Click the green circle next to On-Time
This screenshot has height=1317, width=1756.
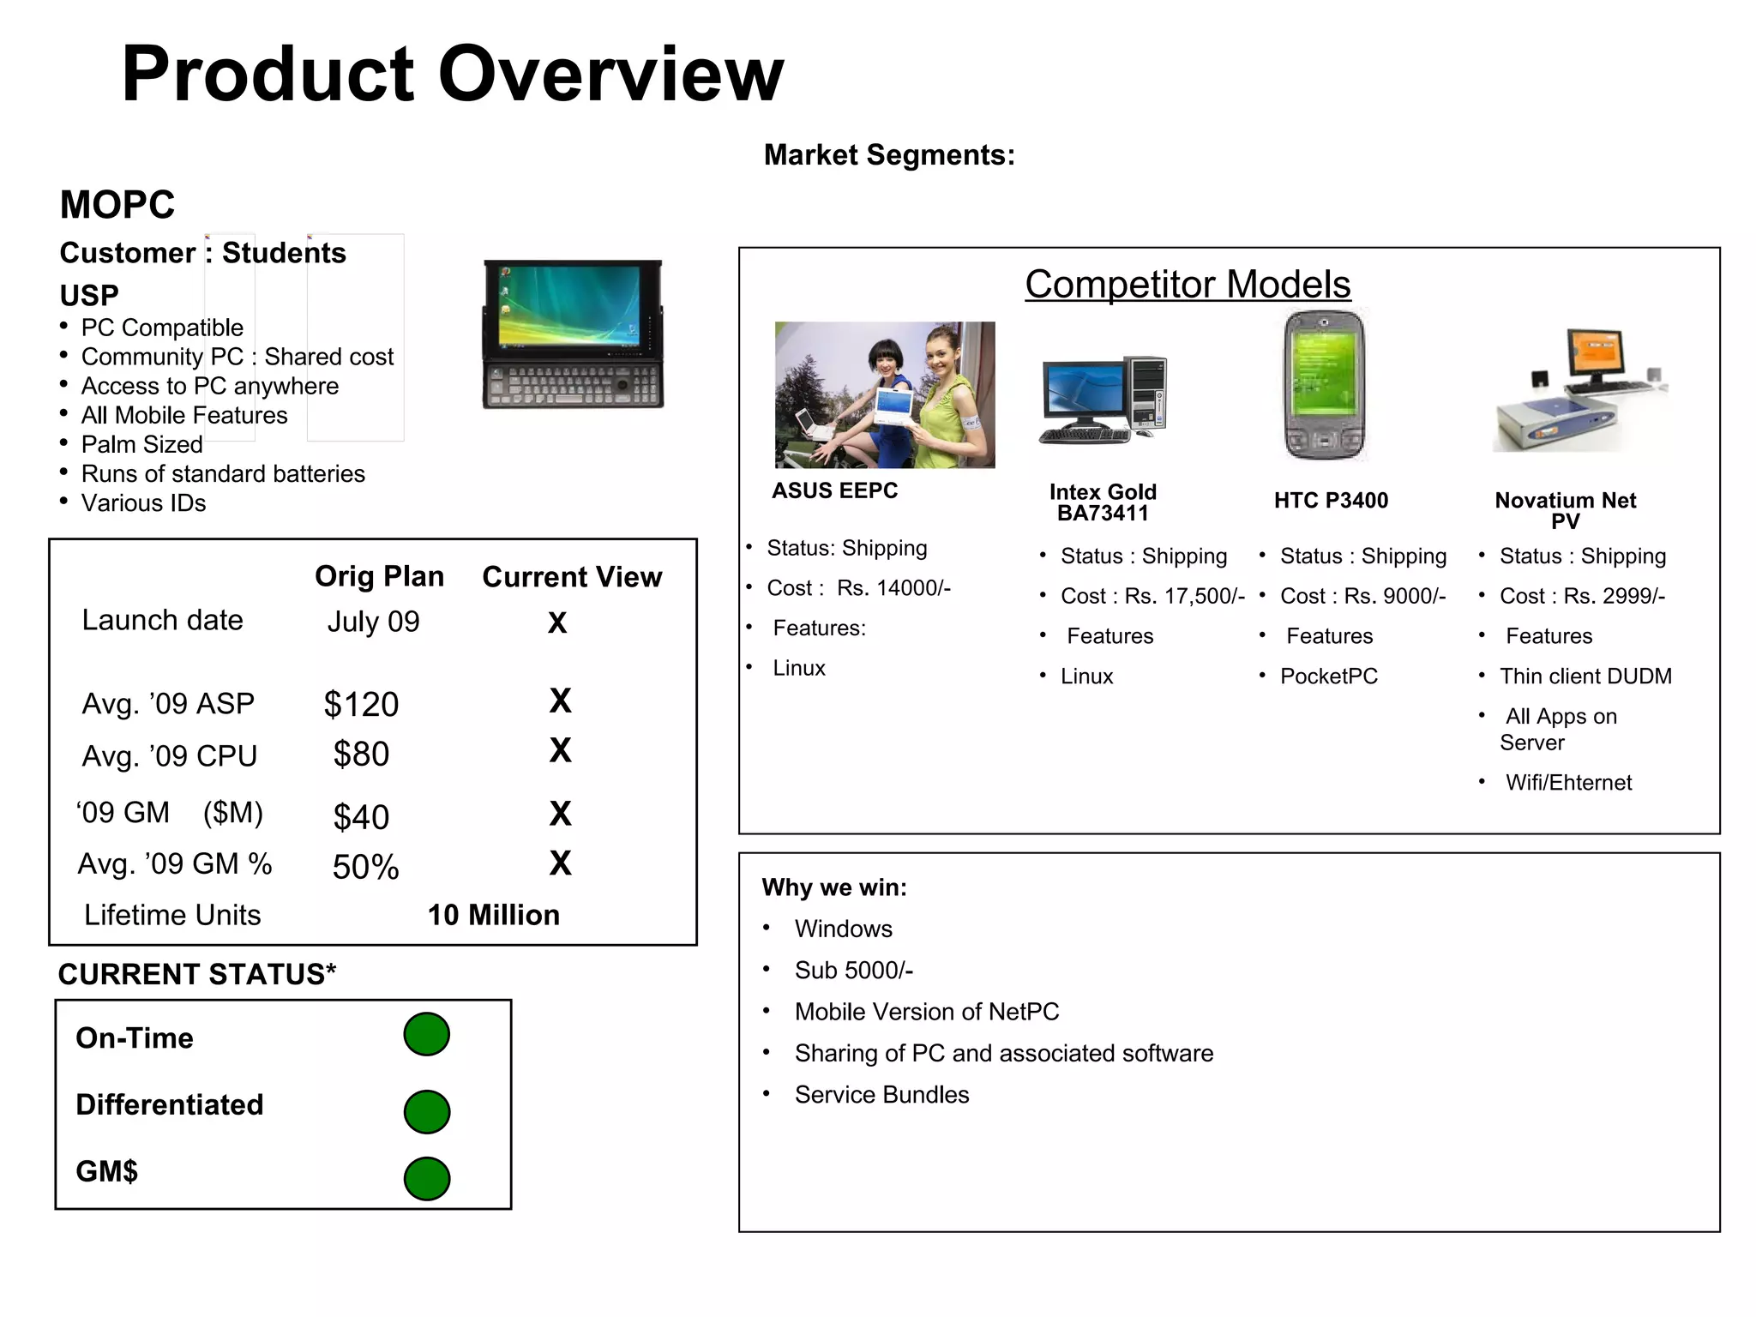tap(426, 1034)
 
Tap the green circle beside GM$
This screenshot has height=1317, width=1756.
tap(426, 1178)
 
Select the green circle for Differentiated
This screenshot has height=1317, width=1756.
tap(426, 1112)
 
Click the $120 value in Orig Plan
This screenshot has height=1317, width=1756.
tap(361, 705)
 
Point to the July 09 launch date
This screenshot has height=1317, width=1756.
tap(373, 622)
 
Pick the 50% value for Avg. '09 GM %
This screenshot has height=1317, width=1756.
tap(365, 867)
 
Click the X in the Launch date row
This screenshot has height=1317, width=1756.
tap(557, 622)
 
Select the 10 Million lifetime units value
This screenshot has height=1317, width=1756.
tap(493, 915)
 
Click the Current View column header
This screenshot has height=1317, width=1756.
tap(572, 577)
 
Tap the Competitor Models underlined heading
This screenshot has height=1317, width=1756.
tap(1188, 284)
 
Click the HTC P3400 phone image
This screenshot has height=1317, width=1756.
tap(1324, 385)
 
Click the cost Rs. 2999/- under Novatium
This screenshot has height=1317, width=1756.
tap(1582, 596)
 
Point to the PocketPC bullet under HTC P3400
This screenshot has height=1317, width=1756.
tap(1328, 677)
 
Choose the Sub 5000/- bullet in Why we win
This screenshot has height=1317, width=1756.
tap(853, 970)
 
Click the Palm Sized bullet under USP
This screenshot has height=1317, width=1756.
tap(141, 444)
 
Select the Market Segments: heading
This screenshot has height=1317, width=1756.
tap(889, 155)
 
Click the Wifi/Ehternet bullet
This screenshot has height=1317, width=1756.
tap(1568, 783)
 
